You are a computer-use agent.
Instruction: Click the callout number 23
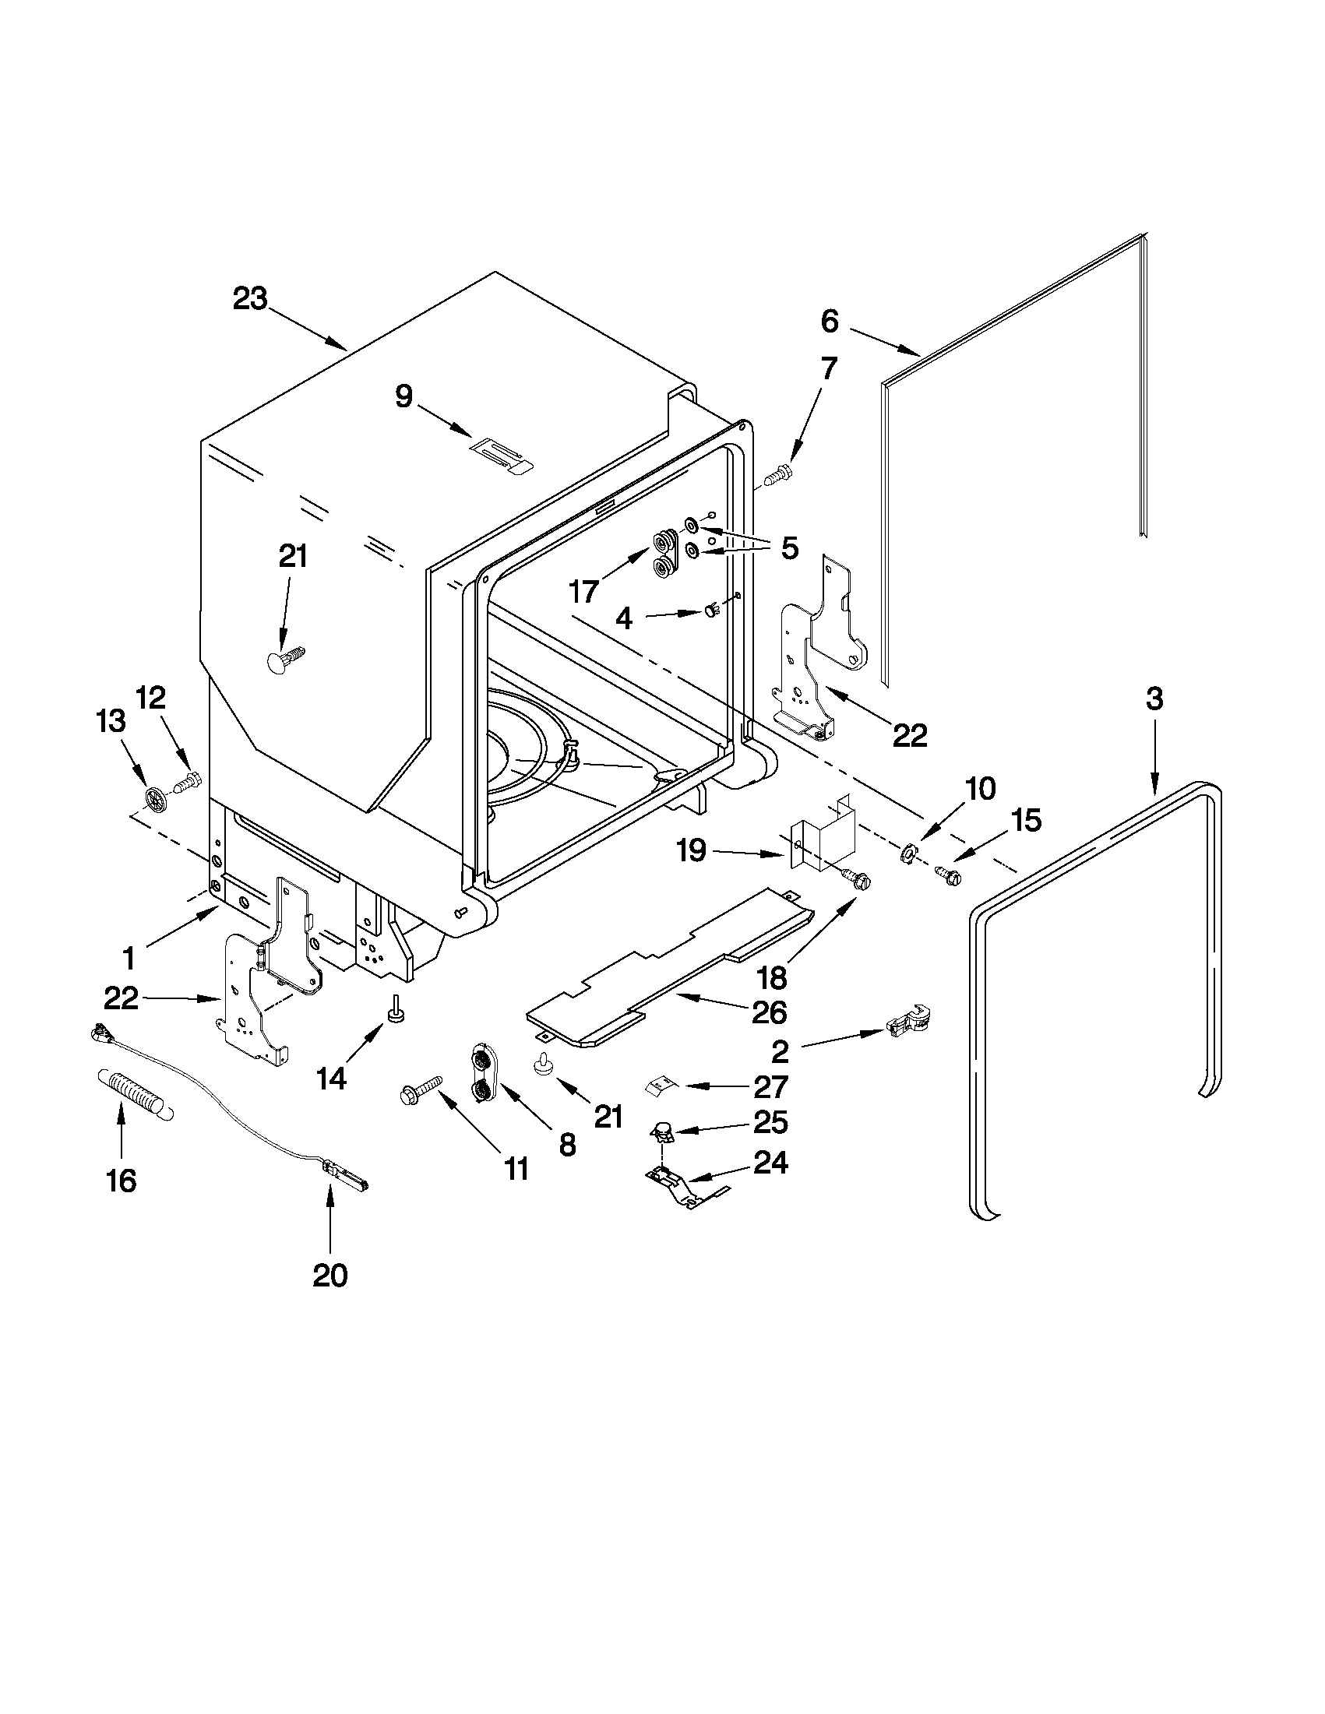click(x=249, y=298)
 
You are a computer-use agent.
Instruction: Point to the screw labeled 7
click(x=779, y=474)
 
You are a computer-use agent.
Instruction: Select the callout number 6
click(x=830, y=320)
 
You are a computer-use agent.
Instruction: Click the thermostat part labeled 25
click(x=664, y=1132)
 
